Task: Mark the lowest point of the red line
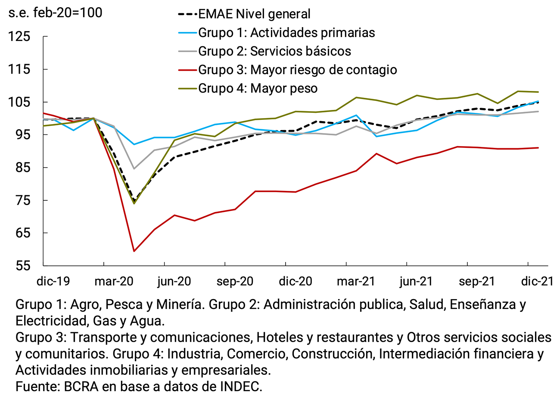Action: [x=134, y=251]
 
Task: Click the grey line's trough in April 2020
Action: [x=134, y=168]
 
